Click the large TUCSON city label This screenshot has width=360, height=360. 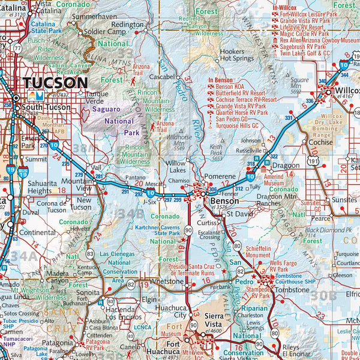55,82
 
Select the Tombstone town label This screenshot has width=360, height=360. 292,289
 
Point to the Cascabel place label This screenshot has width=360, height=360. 163,77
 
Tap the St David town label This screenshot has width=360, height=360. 230,213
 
